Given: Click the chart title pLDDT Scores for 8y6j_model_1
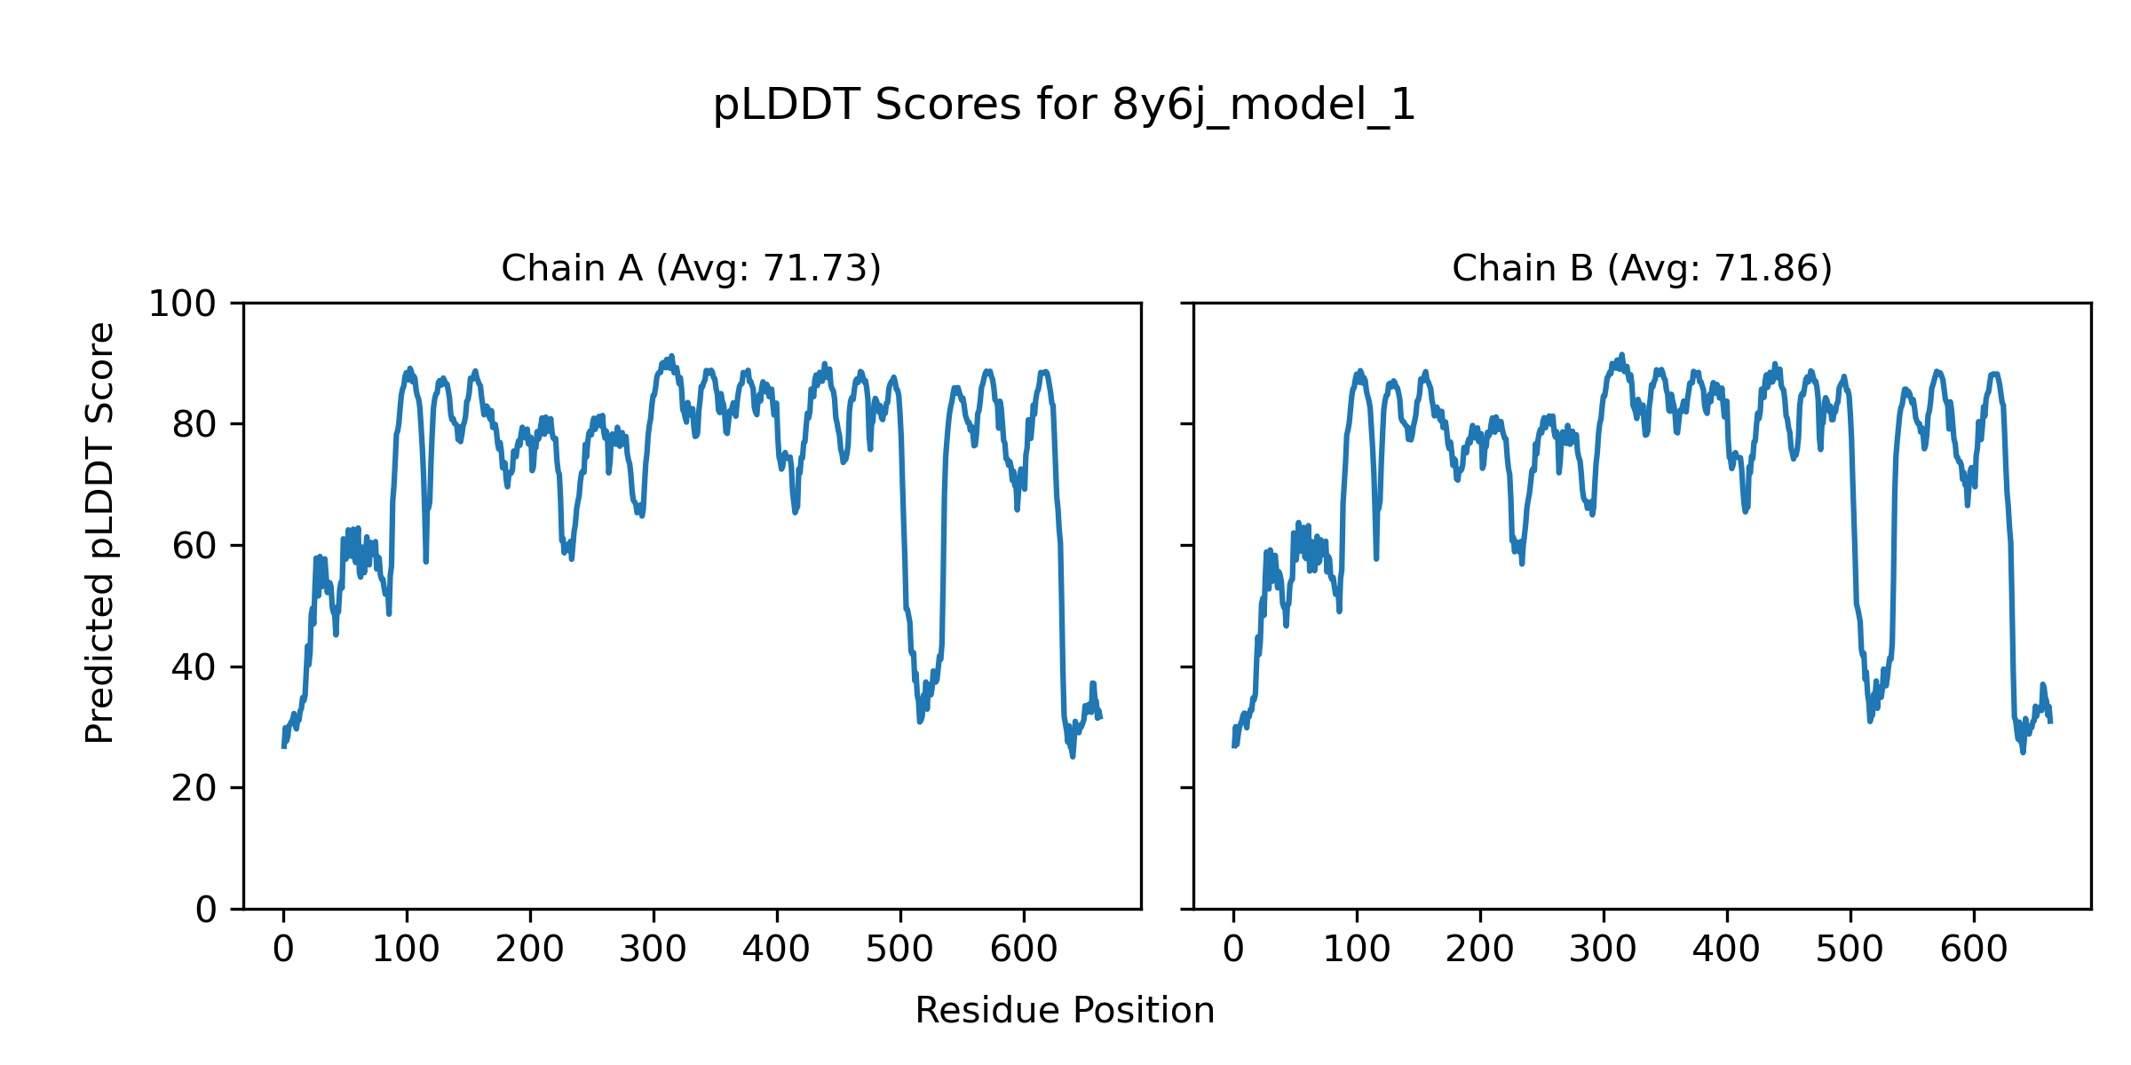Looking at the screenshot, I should click(x=1064, y=106).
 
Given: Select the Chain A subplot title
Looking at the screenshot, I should click(x=691, y=268).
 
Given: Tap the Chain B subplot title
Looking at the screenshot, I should click(x=1642, y=268).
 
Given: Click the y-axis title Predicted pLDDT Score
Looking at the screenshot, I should click(x=100, y=532).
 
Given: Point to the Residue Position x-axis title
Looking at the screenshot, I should click(x=1065, y=1011).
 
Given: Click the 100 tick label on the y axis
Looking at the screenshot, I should click(x=182, y=304).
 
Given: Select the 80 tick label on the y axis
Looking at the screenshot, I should click(x=194, y=425).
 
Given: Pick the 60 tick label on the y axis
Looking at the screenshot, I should click(x=194, y=547).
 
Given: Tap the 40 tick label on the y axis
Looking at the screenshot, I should click(x=194, y=667).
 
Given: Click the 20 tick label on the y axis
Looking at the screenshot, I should click(x=194, y=788).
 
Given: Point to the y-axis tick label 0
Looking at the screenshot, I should click(x=206, y=910).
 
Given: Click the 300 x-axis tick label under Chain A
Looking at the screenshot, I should click(x=654, y=951).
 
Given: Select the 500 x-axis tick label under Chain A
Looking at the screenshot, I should click(x=900, y=951).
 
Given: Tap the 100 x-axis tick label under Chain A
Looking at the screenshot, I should click(x=407, y=951).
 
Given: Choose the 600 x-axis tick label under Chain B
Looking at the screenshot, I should click(x=1974, y=951).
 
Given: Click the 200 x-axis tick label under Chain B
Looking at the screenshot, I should click(x=1480, y=951).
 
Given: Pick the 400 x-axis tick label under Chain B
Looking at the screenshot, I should click(x=1727, y=951).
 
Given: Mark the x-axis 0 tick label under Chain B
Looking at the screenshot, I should click(x=1233, y=951).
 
